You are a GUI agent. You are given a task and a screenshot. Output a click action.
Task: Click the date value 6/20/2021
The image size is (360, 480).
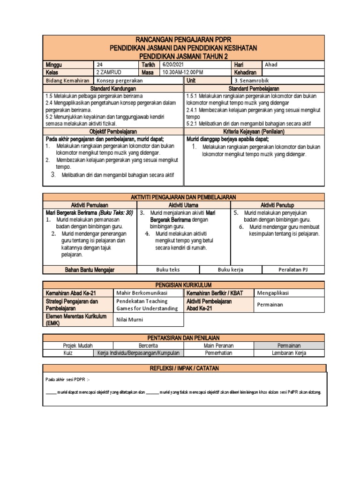[x=173, y=65]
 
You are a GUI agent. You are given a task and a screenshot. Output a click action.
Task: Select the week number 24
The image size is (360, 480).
[x=99, y=65]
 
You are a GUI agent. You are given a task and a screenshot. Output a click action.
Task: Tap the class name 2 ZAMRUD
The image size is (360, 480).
[x=108, y=73]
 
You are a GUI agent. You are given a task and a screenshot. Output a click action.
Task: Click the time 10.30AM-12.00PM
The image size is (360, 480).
[x=183, y=73]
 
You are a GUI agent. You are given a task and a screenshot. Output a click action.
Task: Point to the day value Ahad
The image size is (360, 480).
[x=271, y=65]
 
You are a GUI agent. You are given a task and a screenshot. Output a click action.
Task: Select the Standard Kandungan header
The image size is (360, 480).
[x=113, y=88]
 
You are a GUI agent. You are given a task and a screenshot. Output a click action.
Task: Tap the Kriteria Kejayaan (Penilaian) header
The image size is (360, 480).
[x=254, y=132]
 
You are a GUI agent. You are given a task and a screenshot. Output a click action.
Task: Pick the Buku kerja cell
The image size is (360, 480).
[x=231, y=270]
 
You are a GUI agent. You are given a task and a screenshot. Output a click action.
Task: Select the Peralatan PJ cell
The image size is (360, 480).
[x=292, y=270]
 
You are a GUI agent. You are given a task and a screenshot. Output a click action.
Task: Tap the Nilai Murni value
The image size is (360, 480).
[x=130, y=320]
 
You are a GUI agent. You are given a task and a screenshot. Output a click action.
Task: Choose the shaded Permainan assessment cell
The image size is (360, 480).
[x=288, y=345]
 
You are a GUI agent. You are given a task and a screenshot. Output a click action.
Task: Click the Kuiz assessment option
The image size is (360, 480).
[x=69, y=353]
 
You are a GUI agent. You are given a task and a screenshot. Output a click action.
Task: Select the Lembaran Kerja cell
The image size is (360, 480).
[x=288, y=353]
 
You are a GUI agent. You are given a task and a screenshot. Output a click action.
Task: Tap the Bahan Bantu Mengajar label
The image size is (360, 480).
[x=79, y=270]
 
